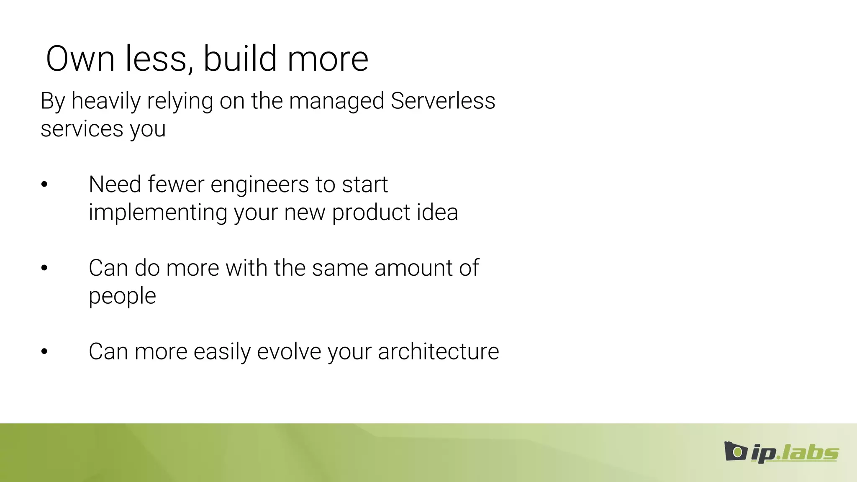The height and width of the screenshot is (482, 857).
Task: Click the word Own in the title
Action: [80, 59]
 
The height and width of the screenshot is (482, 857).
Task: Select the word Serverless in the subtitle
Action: [443, 101]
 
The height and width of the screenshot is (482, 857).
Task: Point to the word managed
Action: [336, 102]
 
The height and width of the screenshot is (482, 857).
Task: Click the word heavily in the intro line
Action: [106, 102]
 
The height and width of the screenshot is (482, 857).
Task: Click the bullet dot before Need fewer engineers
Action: [44, 185]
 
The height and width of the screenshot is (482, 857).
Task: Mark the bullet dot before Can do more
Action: [44, 268]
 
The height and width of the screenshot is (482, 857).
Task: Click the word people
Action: [122, 297]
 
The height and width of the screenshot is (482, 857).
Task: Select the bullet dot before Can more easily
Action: [44, 352]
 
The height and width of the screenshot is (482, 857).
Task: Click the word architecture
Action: [438, 351]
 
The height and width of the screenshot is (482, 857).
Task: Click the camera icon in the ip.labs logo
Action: [736, 451]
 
